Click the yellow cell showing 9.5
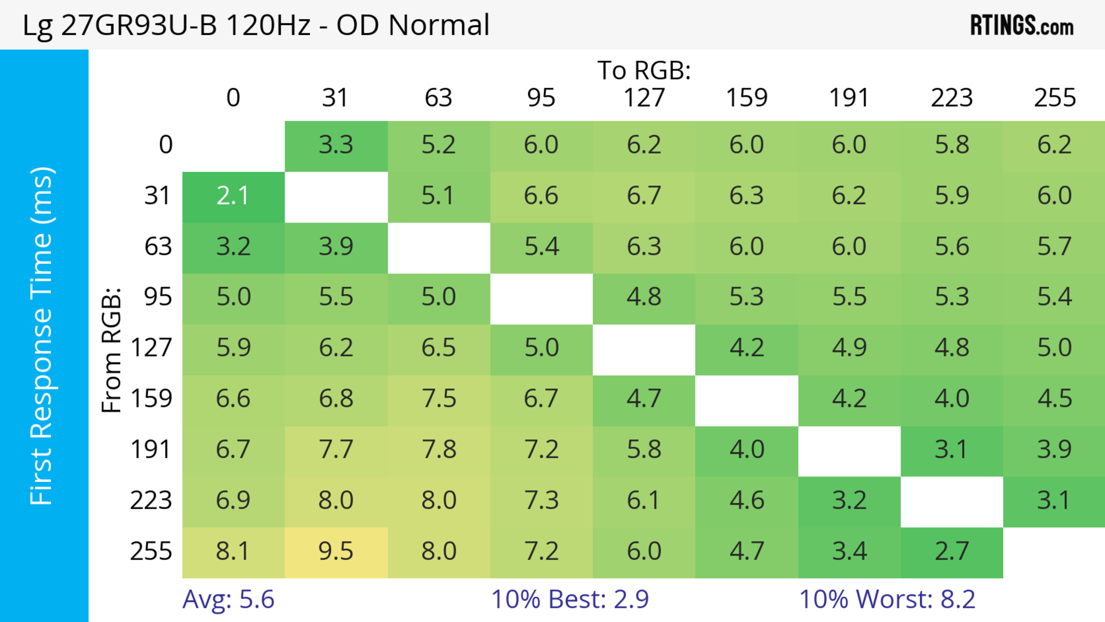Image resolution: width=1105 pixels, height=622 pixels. coord(336,552)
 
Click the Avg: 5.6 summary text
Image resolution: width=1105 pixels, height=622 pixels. coord(228,599)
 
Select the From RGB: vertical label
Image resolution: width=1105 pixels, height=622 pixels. coord(112,350)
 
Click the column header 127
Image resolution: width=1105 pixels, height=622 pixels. coord(644,98)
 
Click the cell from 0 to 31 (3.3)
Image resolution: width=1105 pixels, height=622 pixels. coord(336,145)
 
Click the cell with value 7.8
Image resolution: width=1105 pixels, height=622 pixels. coord(438,450)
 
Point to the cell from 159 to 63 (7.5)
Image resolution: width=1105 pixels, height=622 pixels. coord(438,399)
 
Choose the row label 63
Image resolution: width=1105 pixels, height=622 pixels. coord(158,247)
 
